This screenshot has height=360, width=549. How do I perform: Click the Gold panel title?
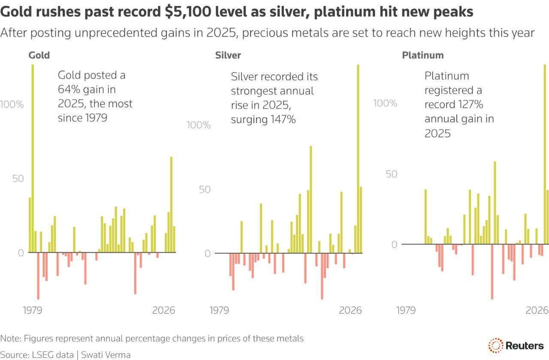pyautogui.click(x=39, y=55)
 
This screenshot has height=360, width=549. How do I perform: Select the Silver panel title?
pyautogui.click(x=228, y=55)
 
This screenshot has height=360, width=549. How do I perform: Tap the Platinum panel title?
pyautogui.click(x=422, y=55)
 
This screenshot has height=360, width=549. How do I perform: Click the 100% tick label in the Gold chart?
pyautogui.click(x=12, y=105)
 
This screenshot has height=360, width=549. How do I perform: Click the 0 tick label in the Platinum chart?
pyautogui.click(x=393, y=245)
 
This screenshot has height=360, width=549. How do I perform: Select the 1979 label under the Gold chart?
pyautogui.click(x=33, y=310)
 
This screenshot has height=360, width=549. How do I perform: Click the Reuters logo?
pyautogui.click(x=516, y=345)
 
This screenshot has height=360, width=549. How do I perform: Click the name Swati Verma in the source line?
pyautogui.click(x=106, y=355)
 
